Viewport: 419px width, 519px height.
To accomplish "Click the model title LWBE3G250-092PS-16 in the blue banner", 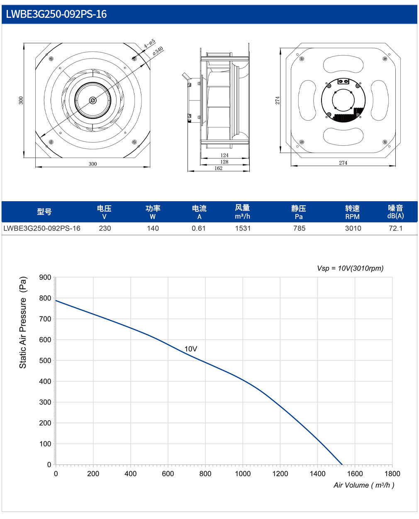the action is point(56,14).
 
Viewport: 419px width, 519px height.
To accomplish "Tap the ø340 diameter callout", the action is point(158,51).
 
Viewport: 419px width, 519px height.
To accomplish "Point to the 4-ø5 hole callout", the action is point(149,44).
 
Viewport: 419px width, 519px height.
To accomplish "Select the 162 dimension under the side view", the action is point(218,168).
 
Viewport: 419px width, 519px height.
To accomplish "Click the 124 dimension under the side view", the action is point(224,155).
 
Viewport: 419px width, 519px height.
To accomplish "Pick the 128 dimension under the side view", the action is point(224,162).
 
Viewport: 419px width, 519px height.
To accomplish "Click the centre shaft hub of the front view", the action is point(93,100).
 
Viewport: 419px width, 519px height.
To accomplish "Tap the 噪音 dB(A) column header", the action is point(395,212).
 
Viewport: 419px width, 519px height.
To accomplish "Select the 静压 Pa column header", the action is point(299,212).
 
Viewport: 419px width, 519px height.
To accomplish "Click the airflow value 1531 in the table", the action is point(243,228).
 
